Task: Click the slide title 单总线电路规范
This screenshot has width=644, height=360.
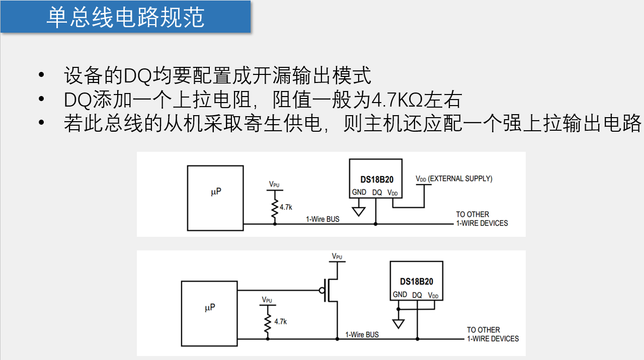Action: coord(125,18)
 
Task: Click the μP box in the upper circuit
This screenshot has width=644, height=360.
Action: coord(215,198)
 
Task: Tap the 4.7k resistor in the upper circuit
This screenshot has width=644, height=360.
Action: coord(275,208)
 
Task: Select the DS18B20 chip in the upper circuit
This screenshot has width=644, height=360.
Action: coord(376,178)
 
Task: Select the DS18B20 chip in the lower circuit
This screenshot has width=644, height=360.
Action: coord(417,281)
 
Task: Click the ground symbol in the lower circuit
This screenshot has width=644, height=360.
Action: coord(398,323)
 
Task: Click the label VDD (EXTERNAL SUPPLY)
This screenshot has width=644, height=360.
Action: coord(453,178)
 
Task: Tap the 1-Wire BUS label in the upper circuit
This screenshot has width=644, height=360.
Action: coord(323,219)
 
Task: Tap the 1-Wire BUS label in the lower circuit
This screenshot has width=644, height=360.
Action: coord(362,334)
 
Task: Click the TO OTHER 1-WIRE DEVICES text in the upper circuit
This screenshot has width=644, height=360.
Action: coord(481,219)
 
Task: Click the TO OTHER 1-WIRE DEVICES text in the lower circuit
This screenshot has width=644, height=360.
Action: coord(493,334)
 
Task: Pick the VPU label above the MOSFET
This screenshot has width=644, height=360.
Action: coord(337,256)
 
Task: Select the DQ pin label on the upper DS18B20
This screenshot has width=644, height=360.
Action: coord(377,192)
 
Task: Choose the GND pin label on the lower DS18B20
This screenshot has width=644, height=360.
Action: coord(400,295)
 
